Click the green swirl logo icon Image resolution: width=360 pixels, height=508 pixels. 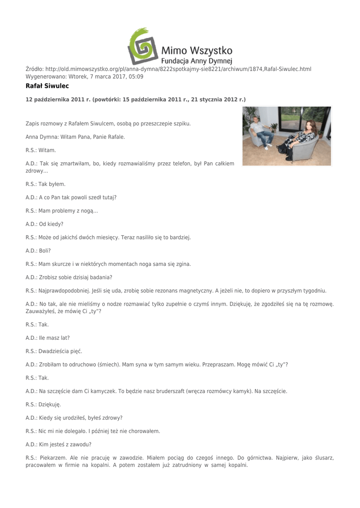click(143, 46)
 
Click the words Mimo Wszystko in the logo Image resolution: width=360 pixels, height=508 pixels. click(197, 50)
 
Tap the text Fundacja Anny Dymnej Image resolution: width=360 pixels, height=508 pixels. click(197, 61)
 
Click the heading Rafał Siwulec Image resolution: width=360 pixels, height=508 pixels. click(47, 86)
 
